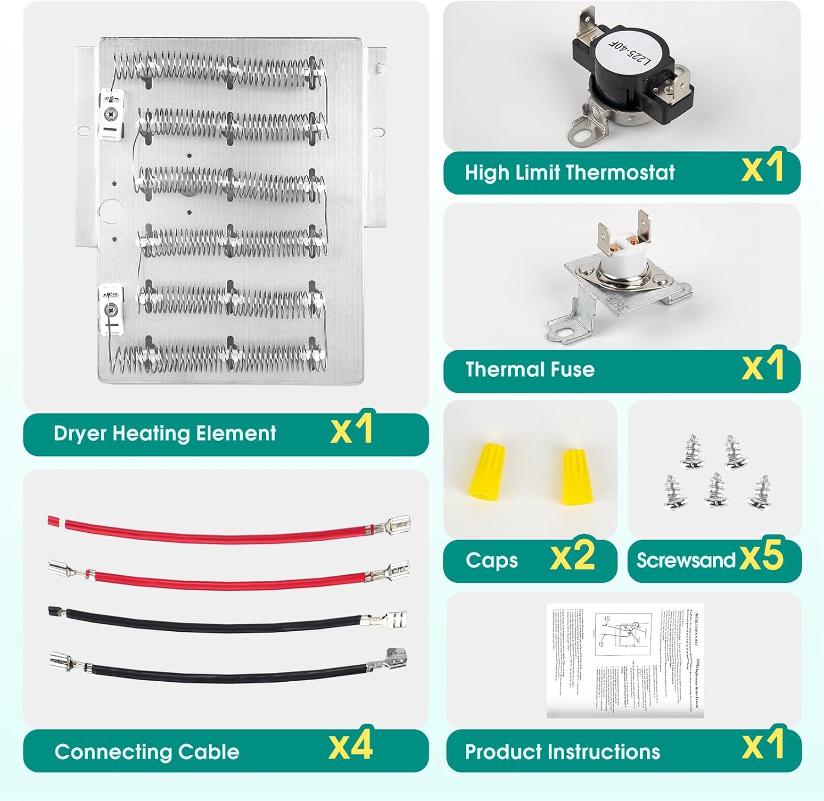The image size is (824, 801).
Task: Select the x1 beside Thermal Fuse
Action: click(x=762, y=367)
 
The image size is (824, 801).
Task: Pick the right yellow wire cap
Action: click(x=574, y=476)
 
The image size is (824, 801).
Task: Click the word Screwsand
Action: click(x=686, y=560)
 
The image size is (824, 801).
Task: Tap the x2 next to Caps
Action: click(x=572, y=557)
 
